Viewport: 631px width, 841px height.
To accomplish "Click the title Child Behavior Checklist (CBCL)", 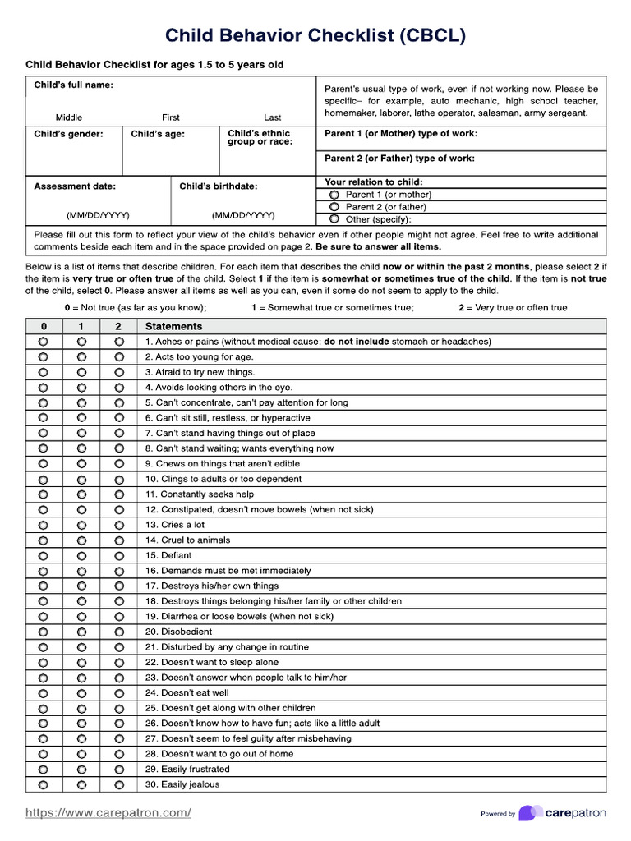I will click(x=315, y=35).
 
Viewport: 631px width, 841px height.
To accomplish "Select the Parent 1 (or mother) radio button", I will click(x=334, y=195).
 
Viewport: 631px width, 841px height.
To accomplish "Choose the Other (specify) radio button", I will click(x=334, y=219).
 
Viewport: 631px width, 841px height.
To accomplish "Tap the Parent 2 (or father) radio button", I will click(x=334, y=207).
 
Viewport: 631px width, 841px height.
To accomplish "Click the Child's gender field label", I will click(x=68, y=134).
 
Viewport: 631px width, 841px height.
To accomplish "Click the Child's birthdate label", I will click(x=218, y=186).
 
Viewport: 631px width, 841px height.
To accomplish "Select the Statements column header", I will click(x=173, y=326).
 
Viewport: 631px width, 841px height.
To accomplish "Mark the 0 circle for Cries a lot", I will click(x=43, y=525).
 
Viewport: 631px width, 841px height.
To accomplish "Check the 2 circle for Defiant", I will click(x=119, y=555).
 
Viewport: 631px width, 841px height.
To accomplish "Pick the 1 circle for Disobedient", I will click(x=81, y=632).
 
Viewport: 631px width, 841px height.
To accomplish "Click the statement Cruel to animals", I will click(x=187, y=540).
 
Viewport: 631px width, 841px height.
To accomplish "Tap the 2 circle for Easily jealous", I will click(x=119, y=784).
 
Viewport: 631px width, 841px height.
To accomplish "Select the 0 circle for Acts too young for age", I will click(x=43, y=356).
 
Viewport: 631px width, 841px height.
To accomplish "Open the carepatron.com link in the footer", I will click(x=108, y=813).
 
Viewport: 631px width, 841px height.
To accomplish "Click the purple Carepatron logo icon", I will click(x=530, y=813).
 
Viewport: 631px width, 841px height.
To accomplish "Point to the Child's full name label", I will click(x=73, y=85).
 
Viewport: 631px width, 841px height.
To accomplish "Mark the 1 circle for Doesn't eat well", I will click(x=81, y=693).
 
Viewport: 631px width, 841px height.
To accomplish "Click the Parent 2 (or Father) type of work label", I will click(x=399, y=159).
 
